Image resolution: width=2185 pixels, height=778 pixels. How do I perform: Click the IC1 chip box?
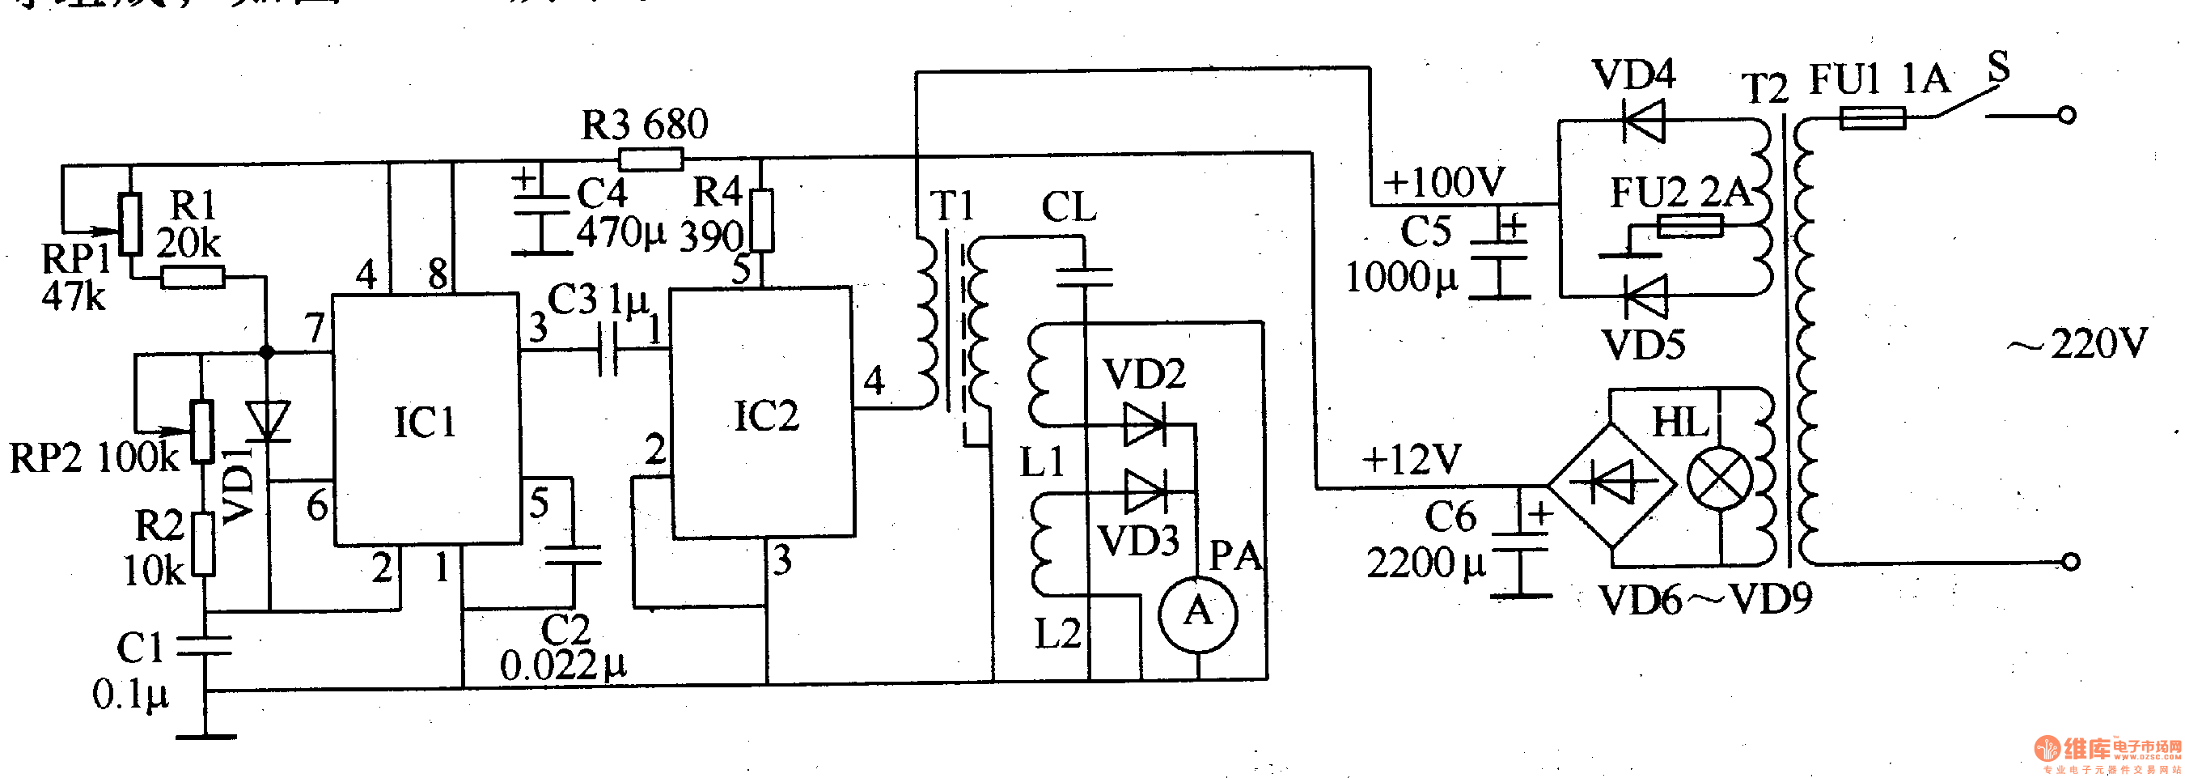click(426, 420)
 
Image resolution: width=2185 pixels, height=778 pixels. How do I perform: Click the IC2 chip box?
click(763, 413)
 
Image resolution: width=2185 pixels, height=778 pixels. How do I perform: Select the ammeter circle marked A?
click(1198, 614)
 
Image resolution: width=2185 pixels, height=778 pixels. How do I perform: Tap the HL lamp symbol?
click(1719, 479)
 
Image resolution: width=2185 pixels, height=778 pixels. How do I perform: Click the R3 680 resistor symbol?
click(650, 159)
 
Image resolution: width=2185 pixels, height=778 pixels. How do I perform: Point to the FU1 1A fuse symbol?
click(1872, 118)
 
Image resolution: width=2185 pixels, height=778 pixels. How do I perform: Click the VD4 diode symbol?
click(1643, 121)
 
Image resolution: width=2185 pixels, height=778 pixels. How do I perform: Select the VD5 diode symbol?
click(1645, 296)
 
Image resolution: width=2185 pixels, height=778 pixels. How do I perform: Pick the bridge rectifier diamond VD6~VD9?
click(1611, 484)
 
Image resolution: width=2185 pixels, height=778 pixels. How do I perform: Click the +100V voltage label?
click(1444, 181)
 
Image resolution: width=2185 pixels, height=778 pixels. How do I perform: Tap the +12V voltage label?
click(1412, 459)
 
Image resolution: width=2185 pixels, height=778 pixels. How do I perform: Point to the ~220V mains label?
click(2078, 343)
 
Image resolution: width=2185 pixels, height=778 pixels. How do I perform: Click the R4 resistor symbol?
click(763, 220)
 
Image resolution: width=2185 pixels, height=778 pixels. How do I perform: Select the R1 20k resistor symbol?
click(193, 277)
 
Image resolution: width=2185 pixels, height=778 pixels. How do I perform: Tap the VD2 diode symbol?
click(1145, 424)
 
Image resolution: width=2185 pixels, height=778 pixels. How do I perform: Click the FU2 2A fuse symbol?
click(1689, 226)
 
